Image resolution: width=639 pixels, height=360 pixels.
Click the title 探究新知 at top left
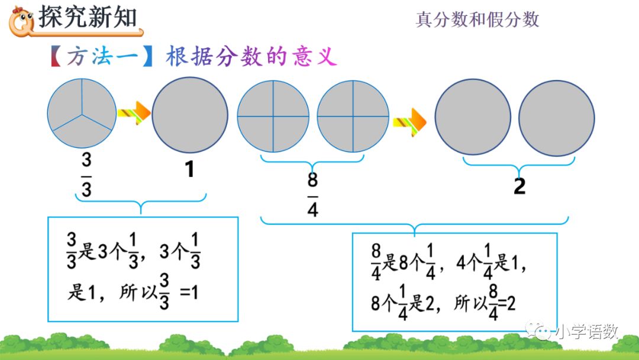point(88,18)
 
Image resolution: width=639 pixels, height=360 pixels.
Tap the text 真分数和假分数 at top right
point(477,20)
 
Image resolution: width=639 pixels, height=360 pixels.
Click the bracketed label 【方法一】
point(100,57)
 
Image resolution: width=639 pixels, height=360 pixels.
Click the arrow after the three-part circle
point(134,112)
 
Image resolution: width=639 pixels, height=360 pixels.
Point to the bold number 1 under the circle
point(189,170)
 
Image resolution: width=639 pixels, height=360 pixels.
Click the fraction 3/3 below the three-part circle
point(86,175)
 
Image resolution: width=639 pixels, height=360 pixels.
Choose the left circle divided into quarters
point(273,116)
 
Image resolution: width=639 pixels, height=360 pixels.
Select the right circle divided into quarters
point(353,116)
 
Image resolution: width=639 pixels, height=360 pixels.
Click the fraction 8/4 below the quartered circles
point(313,195)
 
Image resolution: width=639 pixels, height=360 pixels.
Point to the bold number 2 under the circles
point(519,186)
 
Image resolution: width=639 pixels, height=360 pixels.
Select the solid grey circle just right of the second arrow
point(472,117)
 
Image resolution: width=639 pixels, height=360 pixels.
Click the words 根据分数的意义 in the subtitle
point(251,57)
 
